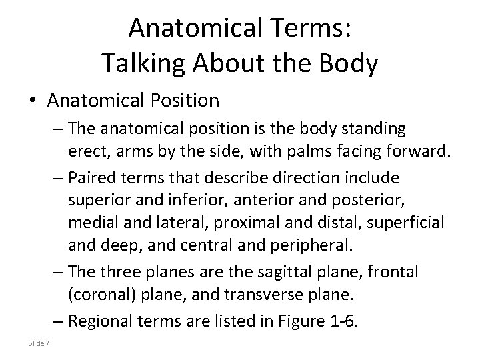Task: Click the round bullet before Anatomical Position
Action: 33,101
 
